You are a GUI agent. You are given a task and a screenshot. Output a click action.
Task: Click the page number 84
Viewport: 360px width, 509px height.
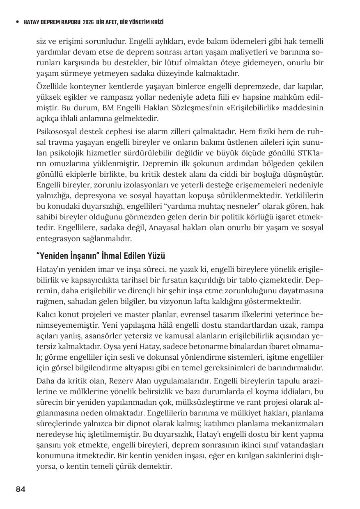click(21, 489)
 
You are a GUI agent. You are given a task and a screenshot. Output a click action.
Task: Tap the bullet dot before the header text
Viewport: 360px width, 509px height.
click(17, 22)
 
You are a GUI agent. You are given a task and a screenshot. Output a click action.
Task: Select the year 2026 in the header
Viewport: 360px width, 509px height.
click(88, 22)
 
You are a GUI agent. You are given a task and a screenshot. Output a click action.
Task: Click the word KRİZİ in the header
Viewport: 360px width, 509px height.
click(161, 22)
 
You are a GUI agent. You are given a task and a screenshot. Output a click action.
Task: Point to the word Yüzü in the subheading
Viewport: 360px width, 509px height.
click(156, 256)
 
